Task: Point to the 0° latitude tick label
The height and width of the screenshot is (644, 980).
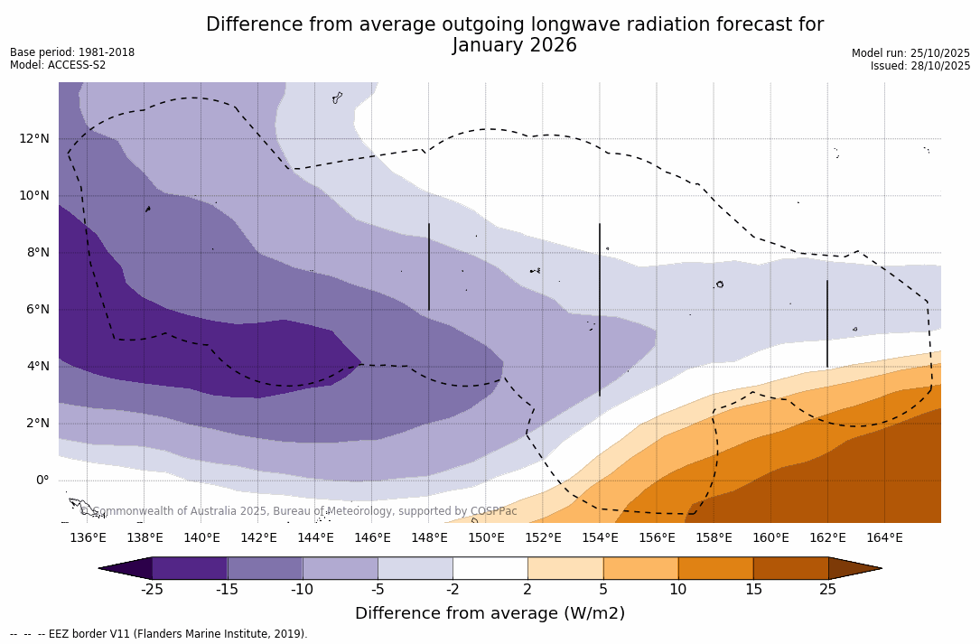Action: tap(42, 480)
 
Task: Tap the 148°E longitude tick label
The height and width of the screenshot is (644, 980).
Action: tap(429, 538)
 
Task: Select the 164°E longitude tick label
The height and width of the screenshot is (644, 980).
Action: tap(884, 538)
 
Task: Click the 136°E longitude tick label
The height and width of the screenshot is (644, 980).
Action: tap(88, 538)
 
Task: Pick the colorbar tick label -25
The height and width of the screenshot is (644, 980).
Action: tap(152, 590)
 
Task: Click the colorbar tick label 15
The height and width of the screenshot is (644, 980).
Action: tap(752, 590)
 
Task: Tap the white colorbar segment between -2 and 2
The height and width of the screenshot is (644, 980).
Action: tap(490, 568)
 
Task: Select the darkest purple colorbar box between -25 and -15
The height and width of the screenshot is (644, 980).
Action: tap(190, 568)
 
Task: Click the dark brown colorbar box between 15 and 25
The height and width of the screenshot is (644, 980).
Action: tap(790, 568)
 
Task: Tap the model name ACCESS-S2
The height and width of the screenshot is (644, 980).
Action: tap(77, 65)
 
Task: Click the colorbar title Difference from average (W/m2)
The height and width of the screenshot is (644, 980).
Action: tap(490, 614)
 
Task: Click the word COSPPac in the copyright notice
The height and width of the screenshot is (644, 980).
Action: tap(493, 511)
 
